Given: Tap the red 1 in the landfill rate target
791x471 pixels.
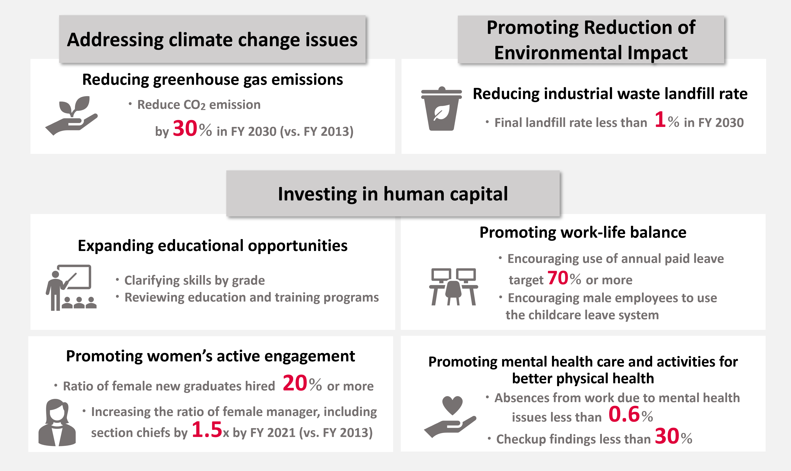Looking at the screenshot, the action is pos(660,119).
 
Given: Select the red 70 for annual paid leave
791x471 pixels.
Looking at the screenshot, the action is pos(558,278).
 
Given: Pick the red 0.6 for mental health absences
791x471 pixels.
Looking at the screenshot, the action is pos(624,414).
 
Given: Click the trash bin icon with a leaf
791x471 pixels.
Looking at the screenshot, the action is pos(441,108).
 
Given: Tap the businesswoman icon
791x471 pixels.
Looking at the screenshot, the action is pos(57,423).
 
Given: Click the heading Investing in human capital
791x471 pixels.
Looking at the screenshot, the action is pos(393,194).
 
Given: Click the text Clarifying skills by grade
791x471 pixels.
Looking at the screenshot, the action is pos(195,281).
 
